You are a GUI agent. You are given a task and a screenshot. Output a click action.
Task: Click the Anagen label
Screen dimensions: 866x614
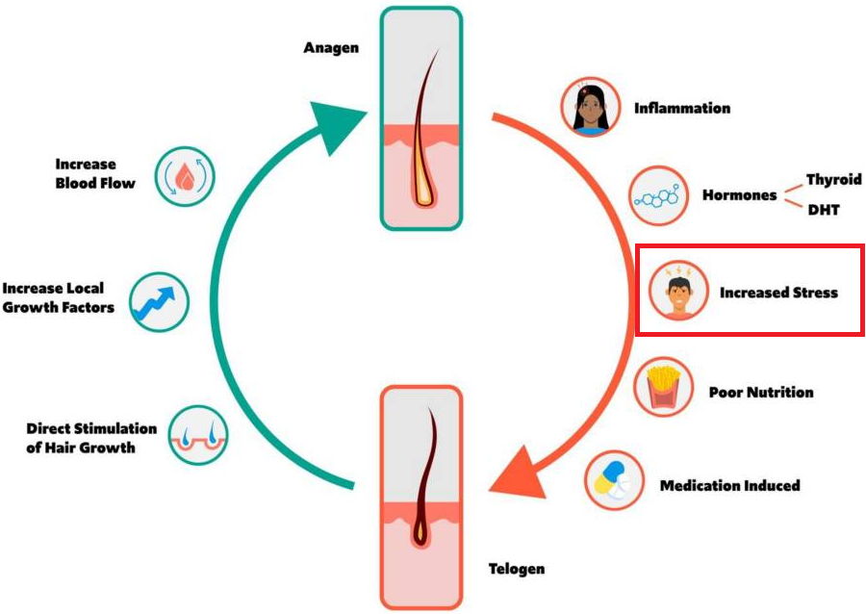point(331,48)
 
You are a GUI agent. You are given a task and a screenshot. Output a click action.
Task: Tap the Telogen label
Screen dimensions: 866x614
point(517,569)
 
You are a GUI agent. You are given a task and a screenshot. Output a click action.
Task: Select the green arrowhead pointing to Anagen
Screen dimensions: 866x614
point(337,127)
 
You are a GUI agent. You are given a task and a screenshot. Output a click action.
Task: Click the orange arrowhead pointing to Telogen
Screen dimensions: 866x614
point(520,473)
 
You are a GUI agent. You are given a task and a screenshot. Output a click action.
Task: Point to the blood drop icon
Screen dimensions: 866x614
point(185,176)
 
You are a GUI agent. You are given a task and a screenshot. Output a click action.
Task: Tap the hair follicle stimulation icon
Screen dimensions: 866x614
point(198,435)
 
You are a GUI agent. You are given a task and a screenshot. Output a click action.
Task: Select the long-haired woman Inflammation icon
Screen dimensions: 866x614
point(591,107)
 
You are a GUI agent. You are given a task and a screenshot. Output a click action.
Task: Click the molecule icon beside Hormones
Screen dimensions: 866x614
point(659,195)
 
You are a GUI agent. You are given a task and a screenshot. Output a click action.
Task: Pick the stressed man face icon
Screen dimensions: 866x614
point(678,291)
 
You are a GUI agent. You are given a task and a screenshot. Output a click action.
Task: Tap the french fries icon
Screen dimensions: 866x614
point(663,387)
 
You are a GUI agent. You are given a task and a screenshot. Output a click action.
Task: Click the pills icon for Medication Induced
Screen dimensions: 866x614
point(614,480)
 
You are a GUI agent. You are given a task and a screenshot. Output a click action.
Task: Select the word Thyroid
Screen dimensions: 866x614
point(833,179)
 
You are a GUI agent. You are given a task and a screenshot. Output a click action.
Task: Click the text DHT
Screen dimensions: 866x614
point(824,210)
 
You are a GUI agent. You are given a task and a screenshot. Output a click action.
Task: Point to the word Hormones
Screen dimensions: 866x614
point(740,195)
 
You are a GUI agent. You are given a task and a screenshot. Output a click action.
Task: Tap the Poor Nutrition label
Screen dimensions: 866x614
point(761,392)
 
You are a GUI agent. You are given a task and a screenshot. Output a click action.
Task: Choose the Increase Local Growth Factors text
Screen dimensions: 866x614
point(58,297)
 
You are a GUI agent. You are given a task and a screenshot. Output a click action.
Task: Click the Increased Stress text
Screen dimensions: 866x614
point(778,293)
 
